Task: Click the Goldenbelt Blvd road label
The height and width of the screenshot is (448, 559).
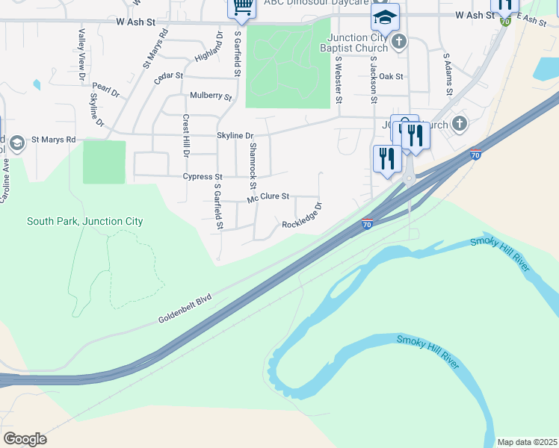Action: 185,308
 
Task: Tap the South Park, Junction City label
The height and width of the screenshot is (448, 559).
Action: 84,221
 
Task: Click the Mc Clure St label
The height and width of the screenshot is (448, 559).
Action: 268,197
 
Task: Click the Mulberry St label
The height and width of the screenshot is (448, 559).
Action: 211,96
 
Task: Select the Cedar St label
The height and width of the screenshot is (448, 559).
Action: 168,77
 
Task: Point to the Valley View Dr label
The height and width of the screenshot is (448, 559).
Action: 81,54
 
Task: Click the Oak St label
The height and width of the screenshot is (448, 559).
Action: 391,76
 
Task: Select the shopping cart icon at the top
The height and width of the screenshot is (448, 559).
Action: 241,7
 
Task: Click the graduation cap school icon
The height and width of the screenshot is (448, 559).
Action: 385,16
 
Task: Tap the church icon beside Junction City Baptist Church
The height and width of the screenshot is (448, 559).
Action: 400,41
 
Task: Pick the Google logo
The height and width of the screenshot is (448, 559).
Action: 25,438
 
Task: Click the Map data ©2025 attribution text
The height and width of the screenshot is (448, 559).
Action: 527,442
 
